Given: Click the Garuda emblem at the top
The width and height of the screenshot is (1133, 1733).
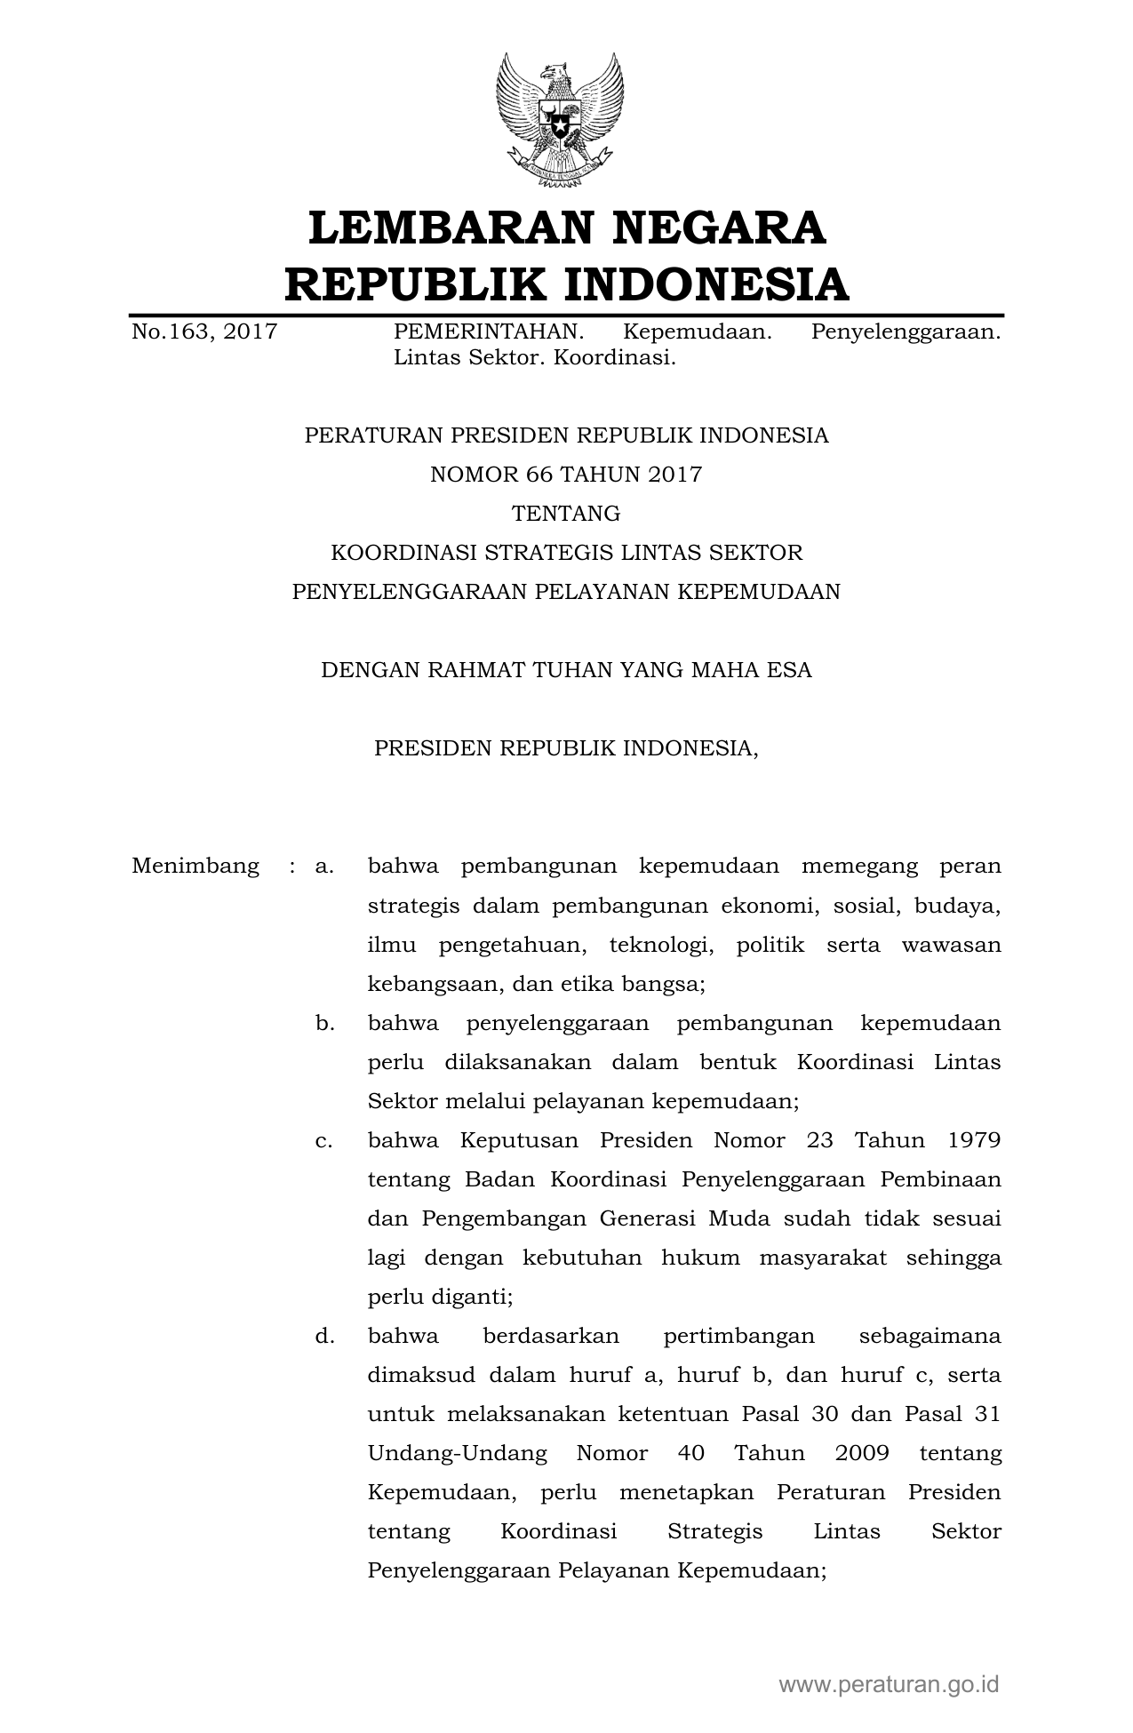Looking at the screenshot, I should pyautogui.click(x=560, y=120).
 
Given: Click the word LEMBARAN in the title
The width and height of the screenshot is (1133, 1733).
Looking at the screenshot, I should pyautogui.click(x=448, y=228).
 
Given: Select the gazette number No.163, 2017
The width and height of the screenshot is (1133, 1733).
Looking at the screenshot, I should pyautogui.click(x=204, y=332).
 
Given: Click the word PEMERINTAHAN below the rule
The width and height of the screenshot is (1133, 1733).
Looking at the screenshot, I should pyautogui.click(x=489, y=332).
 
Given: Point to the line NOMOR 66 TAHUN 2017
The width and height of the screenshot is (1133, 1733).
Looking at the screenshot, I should pyautogui.click(x=566, y=475).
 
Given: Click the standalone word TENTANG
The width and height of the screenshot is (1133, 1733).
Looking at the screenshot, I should pyautogui.click(x=566, y=514).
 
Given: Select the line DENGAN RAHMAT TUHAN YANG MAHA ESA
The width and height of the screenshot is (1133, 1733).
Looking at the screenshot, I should pyautogui.click(x=566, y=670).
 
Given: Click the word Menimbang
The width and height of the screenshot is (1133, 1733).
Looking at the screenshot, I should pyautogui.click(x=195, y=866).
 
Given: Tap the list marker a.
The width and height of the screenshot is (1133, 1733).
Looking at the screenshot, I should pyautogui.click(x=324, y=866).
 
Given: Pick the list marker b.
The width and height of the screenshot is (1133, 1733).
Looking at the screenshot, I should pyautogui.click(x=324, y=1023).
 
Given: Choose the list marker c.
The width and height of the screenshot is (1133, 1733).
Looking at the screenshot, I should pyautogui.click(x=324, y=1140).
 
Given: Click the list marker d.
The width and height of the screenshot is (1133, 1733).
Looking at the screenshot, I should pyautogui.click(x=324, y=1336).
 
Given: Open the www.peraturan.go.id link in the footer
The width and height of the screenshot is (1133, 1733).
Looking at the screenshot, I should pyautogui.click(x=890, y=1684).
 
